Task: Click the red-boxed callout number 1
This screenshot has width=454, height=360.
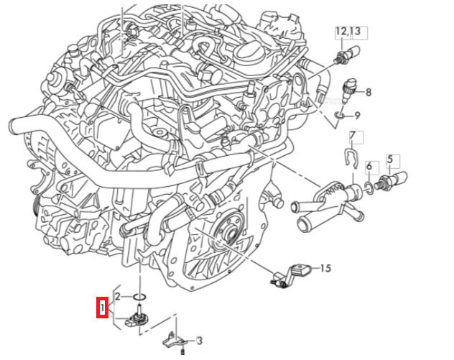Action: click(x=103, y=310)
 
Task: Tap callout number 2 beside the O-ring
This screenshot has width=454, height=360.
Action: click(x=119, y=296)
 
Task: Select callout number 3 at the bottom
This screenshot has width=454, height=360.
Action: click(x=199, y=340)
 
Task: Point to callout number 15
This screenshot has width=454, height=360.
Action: click(x=325, y=269)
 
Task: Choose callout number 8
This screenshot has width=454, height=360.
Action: click(x=368, y=92)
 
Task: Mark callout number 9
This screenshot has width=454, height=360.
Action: click(x=357, y=115)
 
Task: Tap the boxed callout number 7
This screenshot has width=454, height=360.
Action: click(x=353, y=136)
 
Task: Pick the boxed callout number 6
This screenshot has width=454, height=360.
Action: click(x=369, y=167)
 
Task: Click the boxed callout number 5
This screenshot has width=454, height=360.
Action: click(x=390, y=159)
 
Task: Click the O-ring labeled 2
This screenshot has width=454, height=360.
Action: click(x=141, y=296)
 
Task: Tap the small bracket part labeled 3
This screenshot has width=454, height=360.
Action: click(x=175, y=337)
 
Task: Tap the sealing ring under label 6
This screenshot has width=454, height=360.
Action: click(x=369, y=186)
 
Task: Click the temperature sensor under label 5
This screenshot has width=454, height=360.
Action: click(x=392, y=177)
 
